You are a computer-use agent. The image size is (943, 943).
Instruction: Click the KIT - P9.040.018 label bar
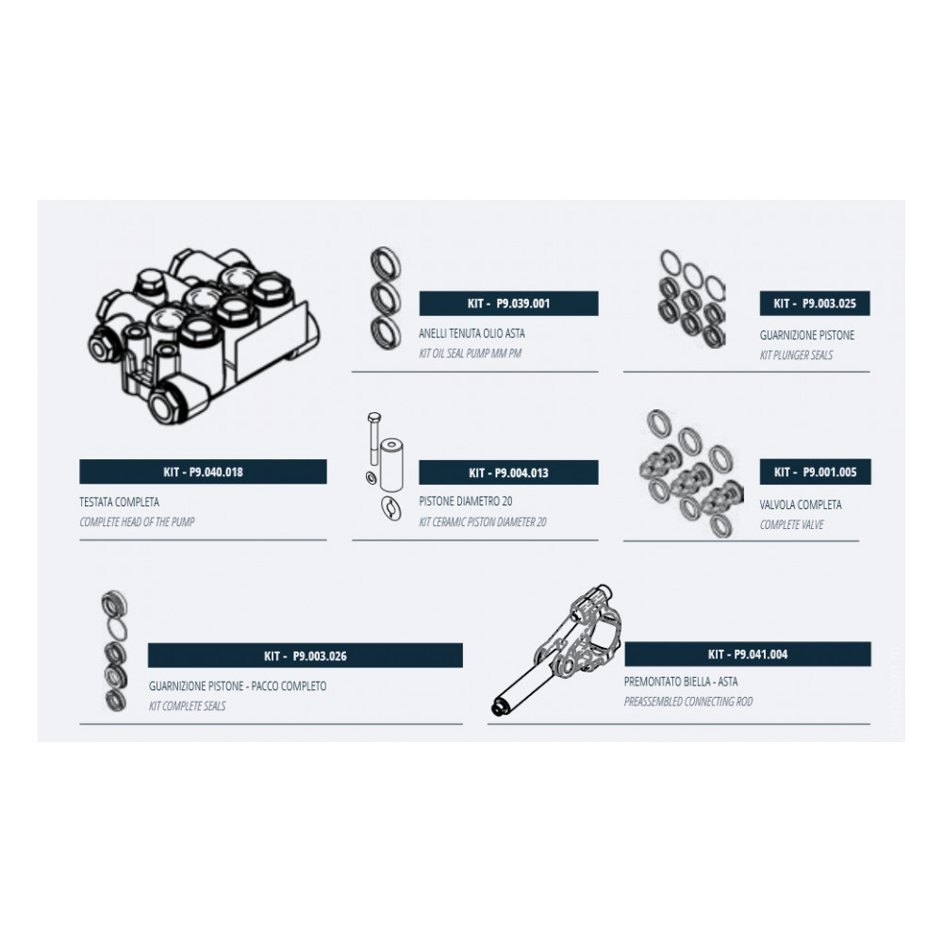pyautogui.click(x=203, y=471)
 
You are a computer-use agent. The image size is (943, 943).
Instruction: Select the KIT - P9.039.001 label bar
pyautogui.click(x=509, y=303)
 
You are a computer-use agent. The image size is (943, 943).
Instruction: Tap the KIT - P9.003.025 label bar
pyautogui.click(x=815, y=303)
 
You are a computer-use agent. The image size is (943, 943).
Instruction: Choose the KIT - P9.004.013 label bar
pyautogui.click(x=509, y=472)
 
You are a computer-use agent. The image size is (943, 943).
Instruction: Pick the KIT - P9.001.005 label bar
pyautogui.click(x=815, y=472)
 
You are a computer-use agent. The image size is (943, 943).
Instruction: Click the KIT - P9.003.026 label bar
pyautogui.click(x=306, y=655)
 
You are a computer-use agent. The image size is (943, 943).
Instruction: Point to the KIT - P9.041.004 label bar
pyautogui.click(x=748, y=653)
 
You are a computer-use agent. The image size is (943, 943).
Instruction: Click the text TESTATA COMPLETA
pyautogui.click(x=119, y=502)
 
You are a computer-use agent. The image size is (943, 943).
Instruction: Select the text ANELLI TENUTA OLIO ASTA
pyautogui.click(x=471, y=333)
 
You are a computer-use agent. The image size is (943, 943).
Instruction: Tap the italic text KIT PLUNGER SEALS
pyautogui.click(x=796, y=355)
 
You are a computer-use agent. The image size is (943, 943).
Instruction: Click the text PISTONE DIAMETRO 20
pyautogui.click(x=466, y=501)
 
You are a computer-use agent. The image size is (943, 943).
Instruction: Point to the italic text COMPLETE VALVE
pyautogui.click(x=791, y=524)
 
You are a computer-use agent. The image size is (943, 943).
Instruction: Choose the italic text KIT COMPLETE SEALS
pyautogui.click(x=187, y=705)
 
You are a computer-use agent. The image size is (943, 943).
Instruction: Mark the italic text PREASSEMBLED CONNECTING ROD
pyautogui.click(x=688, y=702)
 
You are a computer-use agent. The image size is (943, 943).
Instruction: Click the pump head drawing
pyautogui.click(x=204, y=336)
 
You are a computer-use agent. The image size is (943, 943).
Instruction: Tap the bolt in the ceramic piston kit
pyautogui.click(x=374, y=438)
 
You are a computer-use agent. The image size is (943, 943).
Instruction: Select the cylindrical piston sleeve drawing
pyautogui.click(x=391, y=465)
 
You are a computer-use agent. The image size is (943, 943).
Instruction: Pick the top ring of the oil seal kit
pyautogui.click(x=386, y=264)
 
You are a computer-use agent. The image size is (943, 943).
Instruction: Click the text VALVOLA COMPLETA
pyautogui.click(x=801, y=505)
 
